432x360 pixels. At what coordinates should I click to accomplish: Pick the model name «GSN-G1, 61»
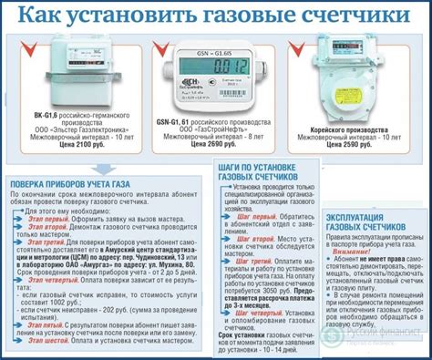(170, 122)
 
